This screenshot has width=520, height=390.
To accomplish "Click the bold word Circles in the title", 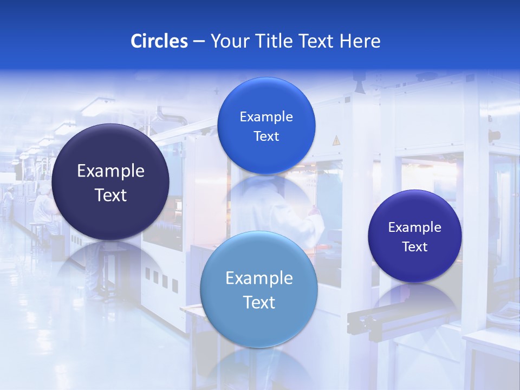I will point(159,41).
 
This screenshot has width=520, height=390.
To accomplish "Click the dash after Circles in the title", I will point(199,42).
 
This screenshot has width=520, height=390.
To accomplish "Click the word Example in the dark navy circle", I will point(110,171).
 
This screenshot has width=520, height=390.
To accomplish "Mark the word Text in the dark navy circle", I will point(110,195).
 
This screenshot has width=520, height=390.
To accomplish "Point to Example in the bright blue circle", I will point(266,117).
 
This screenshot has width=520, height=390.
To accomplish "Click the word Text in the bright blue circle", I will point(266,136).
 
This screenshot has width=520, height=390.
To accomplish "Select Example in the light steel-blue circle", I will point(259,278).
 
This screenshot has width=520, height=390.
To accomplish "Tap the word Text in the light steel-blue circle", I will point(259,302).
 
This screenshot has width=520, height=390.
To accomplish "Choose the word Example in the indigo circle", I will point(415,227).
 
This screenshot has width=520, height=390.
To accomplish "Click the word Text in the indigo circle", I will point(415,247).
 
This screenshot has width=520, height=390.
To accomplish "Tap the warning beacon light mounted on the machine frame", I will point(494,135).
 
